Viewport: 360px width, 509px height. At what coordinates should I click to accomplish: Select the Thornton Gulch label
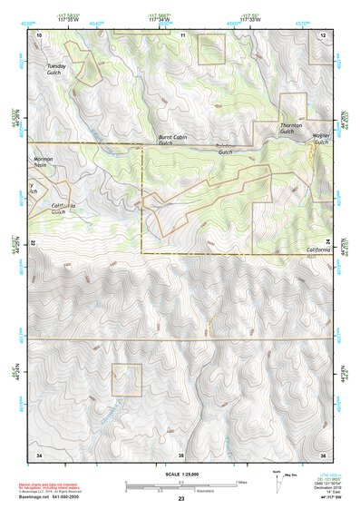coord(291,128)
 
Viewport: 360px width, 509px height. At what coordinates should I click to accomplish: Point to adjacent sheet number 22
coord(35,243)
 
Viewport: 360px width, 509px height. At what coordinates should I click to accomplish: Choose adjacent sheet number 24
coord(328,243)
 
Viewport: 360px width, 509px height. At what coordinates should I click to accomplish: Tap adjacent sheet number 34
coord(39,454)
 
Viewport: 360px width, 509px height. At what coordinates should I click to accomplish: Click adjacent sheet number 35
coord(180,454)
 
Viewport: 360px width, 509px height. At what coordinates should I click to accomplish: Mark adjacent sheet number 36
coord(323,454)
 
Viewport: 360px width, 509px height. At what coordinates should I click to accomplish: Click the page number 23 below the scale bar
coord(180,500)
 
